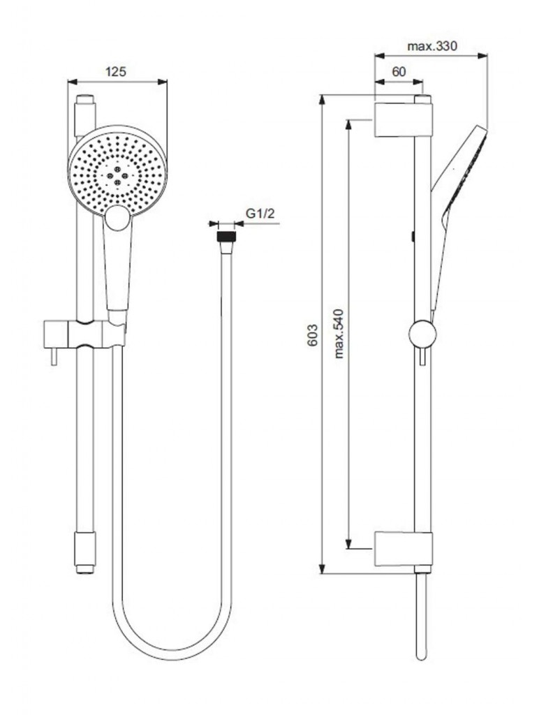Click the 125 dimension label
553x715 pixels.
point(116,72)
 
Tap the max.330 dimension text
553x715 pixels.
point(432,46)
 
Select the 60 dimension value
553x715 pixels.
point(399,72)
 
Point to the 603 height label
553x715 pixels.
point(312,334)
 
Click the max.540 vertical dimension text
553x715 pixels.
point(339,334)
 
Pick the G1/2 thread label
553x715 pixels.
point(260,213)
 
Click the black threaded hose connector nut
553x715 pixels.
point(226,237)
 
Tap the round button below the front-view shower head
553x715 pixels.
point(117,218)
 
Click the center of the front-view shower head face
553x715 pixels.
point(118,172)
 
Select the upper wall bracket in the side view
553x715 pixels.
point(403,120)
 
